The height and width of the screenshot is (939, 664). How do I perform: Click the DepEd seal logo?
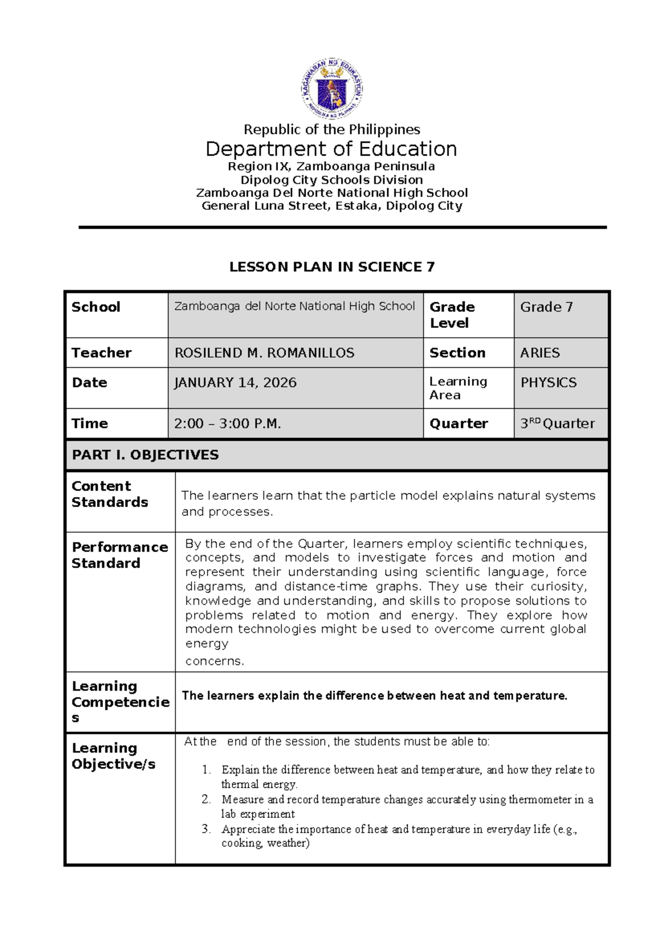(x=332, y=88)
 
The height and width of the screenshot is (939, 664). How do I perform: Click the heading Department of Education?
(x=331, y=149)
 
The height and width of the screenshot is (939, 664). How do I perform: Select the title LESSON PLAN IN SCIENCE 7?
(x=332, y=267)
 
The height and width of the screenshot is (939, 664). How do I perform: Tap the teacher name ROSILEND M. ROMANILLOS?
(x=264, y=353)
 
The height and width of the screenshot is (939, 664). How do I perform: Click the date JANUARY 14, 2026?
(x=235, y=383)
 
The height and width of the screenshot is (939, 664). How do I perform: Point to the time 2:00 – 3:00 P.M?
(x=227, y=424)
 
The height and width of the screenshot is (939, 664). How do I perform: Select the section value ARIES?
(x=539, y=353)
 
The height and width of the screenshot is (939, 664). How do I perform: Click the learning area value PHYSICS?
(x=548, y=383)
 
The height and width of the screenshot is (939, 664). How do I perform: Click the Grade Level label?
(x=452, y=314)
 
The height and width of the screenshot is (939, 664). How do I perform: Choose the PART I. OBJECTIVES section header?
(x=146, y=455)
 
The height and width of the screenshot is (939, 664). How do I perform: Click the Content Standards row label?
(x=110, y=494)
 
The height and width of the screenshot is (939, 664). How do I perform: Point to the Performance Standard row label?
(x=120, y=555)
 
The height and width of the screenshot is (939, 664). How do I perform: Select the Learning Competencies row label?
(x=120, y=701)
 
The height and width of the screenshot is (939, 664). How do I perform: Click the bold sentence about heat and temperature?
(x=375, y=696)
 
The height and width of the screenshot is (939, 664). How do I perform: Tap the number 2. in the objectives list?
(x=206, y=799)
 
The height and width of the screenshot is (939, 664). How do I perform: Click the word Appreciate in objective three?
(x=248, y=829)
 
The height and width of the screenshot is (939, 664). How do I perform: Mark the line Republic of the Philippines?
(x=332, y=130)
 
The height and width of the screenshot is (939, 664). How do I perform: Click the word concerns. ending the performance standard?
(x=214, y=661)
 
